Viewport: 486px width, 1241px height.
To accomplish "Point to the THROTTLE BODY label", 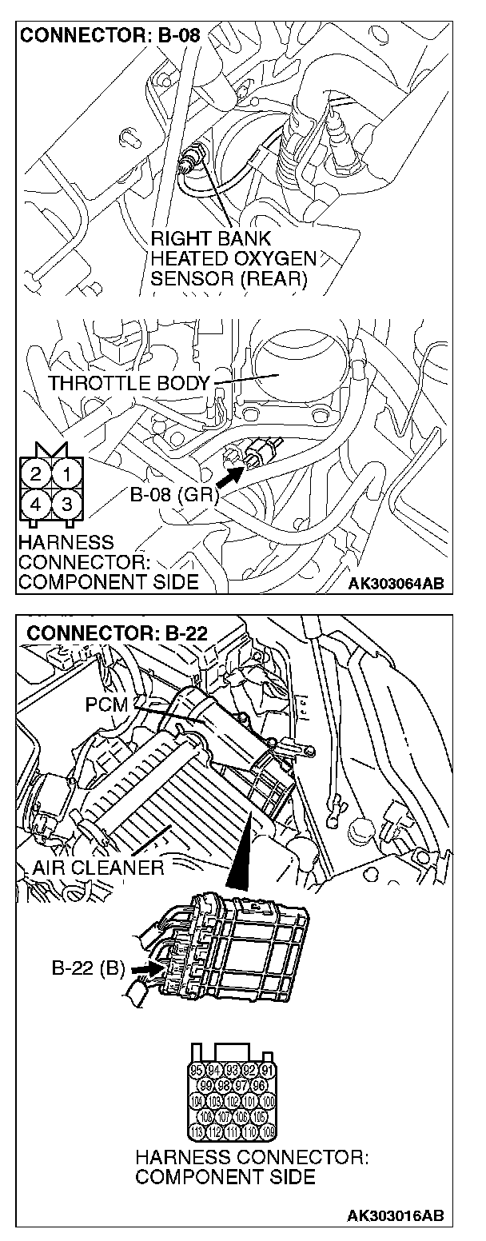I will pos(127,382).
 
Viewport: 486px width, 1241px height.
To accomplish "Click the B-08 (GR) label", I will pos(173,497).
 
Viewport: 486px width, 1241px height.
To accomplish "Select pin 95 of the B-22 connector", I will pos(197,1070).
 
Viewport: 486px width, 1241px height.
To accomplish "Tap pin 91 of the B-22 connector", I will pos(268,1070).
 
